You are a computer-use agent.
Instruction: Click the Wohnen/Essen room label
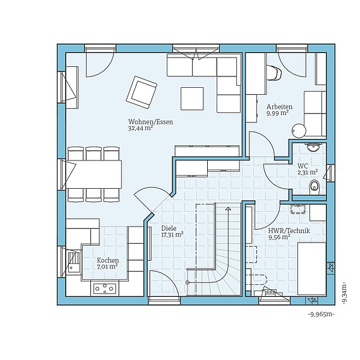[150, 122]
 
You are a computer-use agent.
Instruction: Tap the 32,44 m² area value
[140, 128]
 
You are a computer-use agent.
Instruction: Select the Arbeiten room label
[279, 107]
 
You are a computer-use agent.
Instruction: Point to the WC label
[303, 165]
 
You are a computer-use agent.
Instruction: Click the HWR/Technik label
[289, 231]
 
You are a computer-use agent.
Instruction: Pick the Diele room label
[169, 228]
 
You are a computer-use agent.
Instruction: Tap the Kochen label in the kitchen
[107, 260]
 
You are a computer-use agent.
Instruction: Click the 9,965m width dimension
[321, 315]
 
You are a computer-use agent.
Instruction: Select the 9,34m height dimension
[344, 293]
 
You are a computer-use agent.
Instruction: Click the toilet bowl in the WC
[315, 186]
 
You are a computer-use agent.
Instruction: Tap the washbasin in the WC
[314, 147]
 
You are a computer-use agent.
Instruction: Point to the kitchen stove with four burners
[105, 289]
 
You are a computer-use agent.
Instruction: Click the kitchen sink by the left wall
[74, 261]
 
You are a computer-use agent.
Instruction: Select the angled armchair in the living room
[141, 92]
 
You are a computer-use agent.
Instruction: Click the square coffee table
[192, 99]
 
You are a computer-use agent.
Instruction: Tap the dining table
[94, 174]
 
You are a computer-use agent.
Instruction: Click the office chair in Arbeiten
[274, 73]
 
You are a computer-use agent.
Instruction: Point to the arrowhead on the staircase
[228, 208]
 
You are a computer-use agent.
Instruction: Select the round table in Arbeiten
[299, 131]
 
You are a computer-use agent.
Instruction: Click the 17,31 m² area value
[172, 234]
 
